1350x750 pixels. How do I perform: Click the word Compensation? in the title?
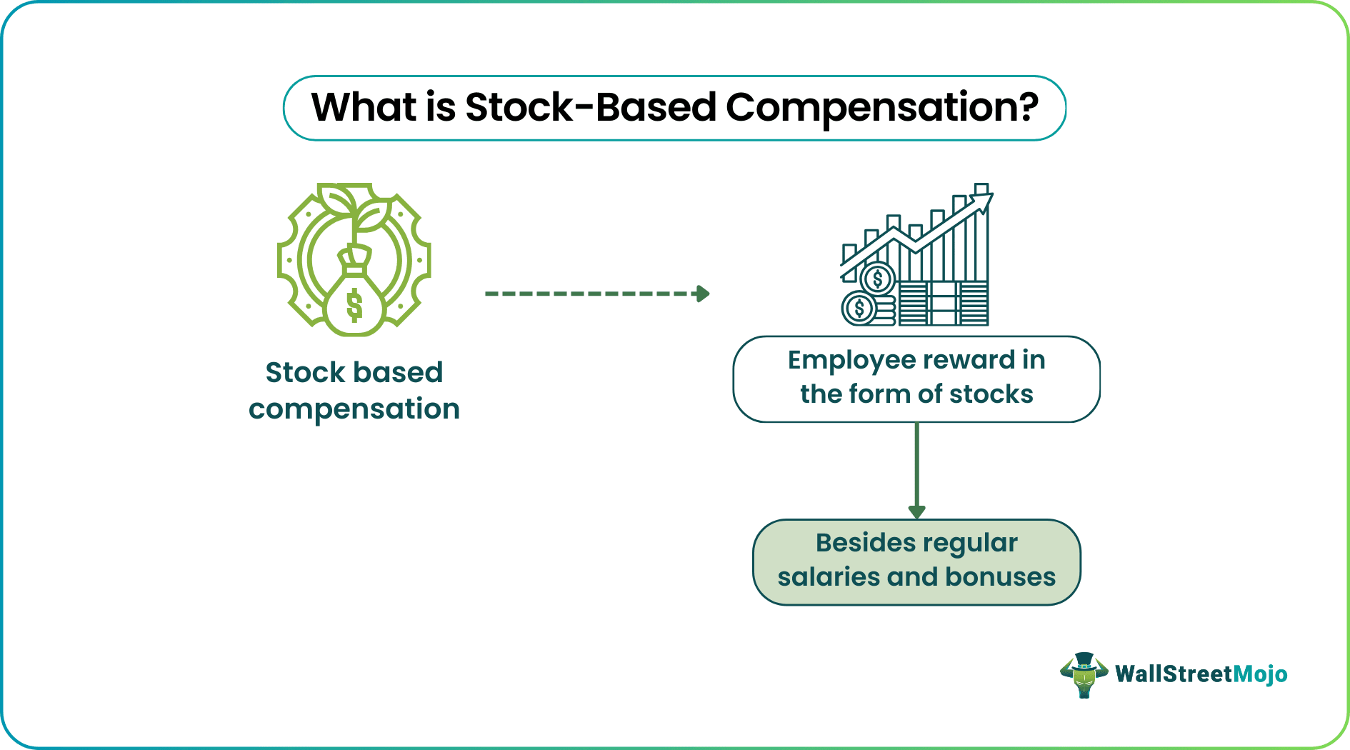click(x=882, y=108)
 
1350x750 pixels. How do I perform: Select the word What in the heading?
click(x=364, y=108)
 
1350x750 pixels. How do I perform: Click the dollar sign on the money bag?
click(x=354, y=305)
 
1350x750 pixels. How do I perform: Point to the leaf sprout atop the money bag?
click(x=354, y=207)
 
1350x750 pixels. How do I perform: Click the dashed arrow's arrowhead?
click(x=703, y=294)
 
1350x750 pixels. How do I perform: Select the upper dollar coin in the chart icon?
click(x=878, y=279)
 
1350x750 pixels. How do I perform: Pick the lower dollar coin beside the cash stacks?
click(x=859, y=309)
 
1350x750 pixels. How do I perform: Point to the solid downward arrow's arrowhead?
click(x=916, y=511)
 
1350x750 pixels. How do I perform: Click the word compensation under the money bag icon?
click(x=354, y=409)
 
